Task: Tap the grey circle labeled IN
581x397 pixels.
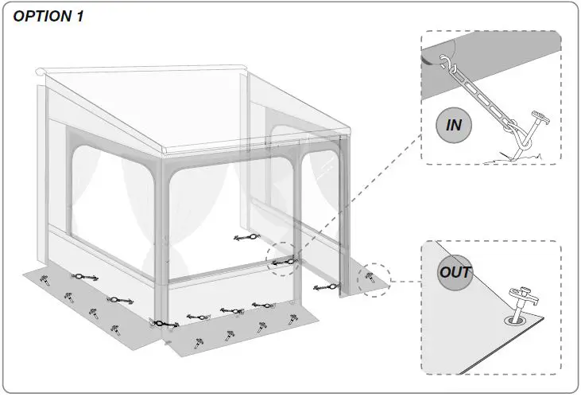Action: pyautogui.click(x=455, y=125)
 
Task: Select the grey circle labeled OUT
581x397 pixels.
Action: pyautogui.click(x=455, y=272)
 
